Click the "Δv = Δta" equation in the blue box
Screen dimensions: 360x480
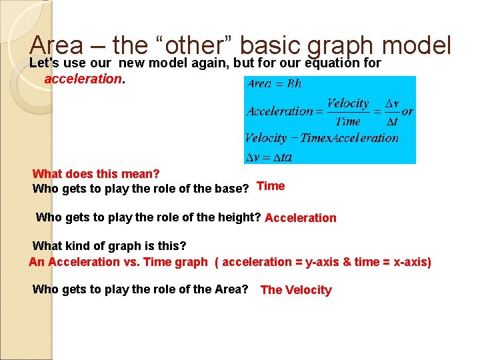(x=269, y=157)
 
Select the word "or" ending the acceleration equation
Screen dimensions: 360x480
(x=407, y=111)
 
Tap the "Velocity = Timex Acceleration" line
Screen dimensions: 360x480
(x=321, y=138)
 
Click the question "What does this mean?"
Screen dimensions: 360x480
(x=96, y=174)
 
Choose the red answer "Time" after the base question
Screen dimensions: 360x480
(x=271, y=187)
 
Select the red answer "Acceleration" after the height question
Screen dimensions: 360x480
(x=301, y=218)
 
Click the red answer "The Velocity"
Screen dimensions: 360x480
(x=296, y=290)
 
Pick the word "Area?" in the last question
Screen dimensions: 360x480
(x=233, y=289)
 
